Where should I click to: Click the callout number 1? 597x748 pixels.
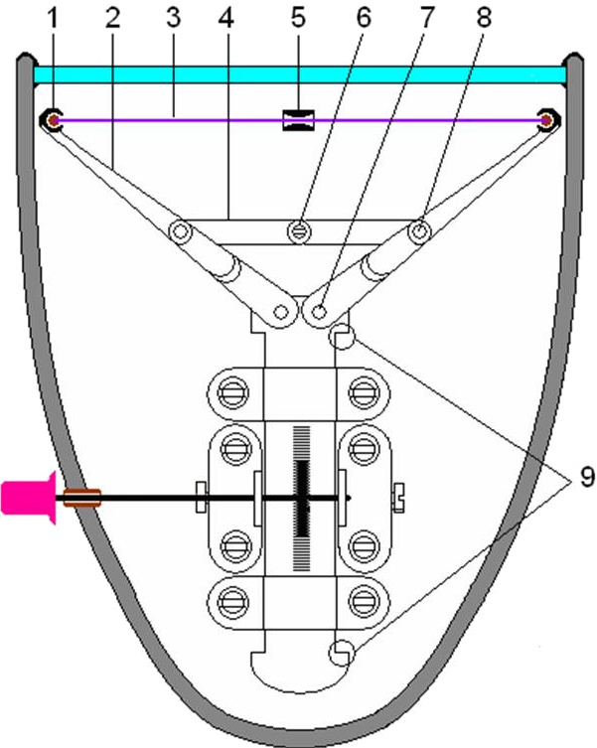click(53, 18)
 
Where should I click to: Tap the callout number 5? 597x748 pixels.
click(298, 18)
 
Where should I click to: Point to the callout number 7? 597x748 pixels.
click(426, 18)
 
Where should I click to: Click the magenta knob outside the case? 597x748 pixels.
click(29, 498)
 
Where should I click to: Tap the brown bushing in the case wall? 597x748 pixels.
click(82, 498)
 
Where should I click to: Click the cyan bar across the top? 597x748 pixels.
click(300, 75)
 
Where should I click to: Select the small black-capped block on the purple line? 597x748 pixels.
click(298, 120)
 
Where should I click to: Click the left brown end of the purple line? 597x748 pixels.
click(54, 120)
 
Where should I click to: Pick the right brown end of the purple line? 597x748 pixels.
click(545, 120)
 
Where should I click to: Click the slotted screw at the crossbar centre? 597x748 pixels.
click(299, 231)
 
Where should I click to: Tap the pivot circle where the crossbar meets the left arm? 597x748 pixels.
click(181, 231)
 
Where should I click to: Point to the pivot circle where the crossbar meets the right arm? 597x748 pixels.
click(419, 231)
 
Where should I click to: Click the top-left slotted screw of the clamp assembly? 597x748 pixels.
click(232, 393)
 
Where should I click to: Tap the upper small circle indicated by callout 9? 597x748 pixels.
click(342, 338)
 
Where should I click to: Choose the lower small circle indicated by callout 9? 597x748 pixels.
click(342, 653)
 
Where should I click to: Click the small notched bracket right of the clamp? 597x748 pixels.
click(398, 498)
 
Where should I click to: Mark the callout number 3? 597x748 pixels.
click(173, 18)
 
